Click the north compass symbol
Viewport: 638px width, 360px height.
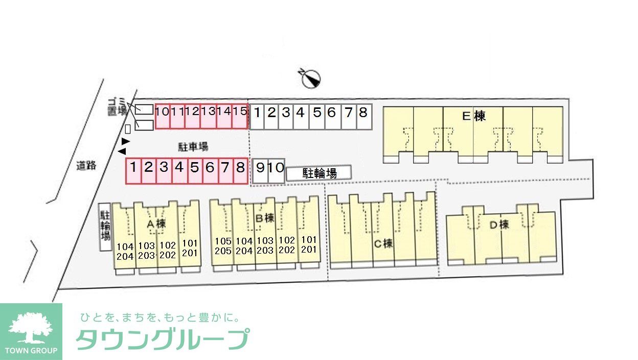311,78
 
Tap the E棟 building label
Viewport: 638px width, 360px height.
473,116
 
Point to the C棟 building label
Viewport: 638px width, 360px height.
383,243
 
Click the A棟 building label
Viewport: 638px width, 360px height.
156,224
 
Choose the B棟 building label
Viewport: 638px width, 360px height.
265,218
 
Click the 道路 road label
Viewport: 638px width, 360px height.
86,165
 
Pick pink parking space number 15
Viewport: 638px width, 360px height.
240,111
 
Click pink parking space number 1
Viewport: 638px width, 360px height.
133,167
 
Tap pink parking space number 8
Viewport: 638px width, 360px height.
240,167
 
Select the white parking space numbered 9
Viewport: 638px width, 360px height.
260,167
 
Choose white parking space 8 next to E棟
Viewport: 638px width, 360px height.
363,112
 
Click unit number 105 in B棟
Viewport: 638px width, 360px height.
223,241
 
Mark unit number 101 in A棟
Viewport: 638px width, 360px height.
189,243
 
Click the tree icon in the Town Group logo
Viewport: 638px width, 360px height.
31,327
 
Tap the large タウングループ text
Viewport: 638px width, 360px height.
163,339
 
